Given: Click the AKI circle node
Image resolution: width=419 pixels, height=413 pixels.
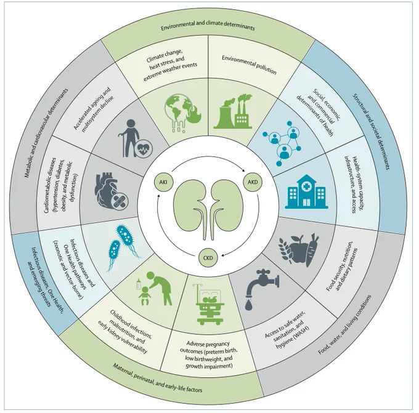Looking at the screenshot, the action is pyautogui.click(x=163, y=182).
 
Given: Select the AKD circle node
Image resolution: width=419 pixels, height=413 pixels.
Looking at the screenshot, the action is pyautogui.click(x=253, y=182).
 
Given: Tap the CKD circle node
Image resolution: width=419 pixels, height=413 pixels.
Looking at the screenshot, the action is pyautogui.click(x=208, y=258).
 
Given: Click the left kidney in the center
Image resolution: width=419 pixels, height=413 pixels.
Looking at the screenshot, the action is pyautogui.click(x=190, y=206).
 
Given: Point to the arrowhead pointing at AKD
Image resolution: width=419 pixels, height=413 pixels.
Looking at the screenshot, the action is pyautogui.click(x=243, y=170).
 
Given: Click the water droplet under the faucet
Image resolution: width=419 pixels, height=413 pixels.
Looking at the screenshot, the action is pyautogui.click(x=249, y=305).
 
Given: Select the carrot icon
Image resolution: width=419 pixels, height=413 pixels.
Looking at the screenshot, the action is pyautogui.click(x=312, y=249).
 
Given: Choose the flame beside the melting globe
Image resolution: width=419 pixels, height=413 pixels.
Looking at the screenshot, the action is pyautogui.click(x=194, y=114).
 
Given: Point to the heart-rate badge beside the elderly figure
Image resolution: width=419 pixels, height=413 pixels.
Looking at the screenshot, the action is pyautogui.click(x=144, y=149).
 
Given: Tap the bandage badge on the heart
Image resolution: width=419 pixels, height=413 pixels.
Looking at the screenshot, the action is pyautogui.click(x=120, y=201).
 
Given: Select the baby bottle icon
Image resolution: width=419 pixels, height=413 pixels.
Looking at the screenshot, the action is pyautogui.click(x=139, y=284).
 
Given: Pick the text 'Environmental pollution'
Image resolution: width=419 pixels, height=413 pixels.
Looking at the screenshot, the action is pyautogui.click(x=249, y=65).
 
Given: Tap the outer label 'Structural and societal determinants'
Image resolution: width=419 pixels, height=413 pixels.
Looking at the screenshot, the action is pyautogui.click(x=371, y=131).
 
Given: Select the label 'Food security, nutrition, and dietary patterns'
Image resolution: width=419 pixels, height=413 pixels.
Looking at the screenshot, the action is pyautogui.click(x=341, y=266).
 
